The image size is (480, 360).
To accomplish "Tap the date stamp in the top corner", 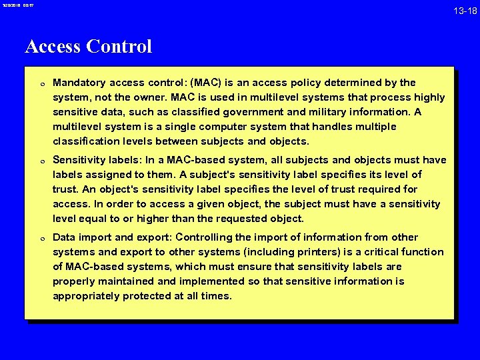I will pyautogui.click(x=19, y=6).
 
